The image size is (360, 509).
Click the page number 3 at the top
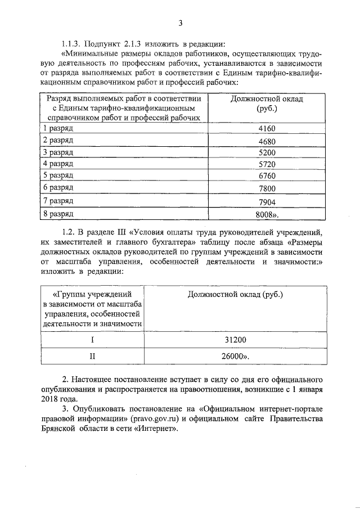pos(180,22)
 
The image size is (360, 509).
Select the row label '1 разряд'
pos(58,129)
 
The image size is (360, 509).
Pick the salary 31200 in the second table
pos(235,340)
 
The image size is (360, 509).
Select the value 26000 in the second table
pos(235,356)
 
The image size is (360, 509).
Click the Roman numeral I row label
pos(92,340)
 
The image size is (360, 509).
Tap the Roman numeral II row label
pos(92,356)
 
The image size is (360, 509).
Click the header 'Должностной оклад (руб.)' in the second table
pos(235,294)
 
